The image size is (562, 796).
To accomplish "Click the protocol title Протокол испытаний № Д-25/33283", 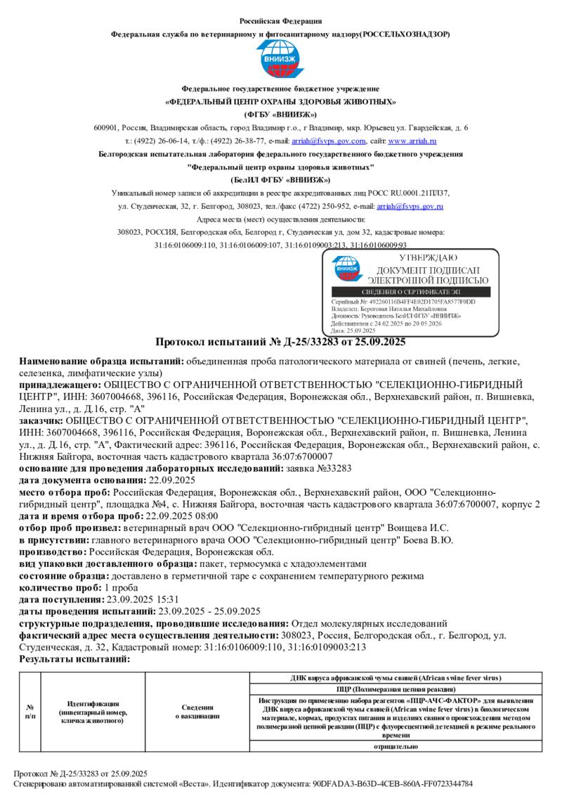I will click(x=280, y=342).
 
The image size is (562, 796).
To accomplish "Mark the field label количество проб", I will click(x=60, y=587).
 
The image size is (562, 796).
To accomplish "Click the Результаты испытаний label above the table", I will click(x=74, y=659).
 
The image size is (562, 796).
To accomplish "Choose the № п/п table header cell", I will click(x=30, y=711).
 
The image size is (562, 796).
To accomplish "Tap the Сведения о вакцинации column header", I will click(x=197, y=711).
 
